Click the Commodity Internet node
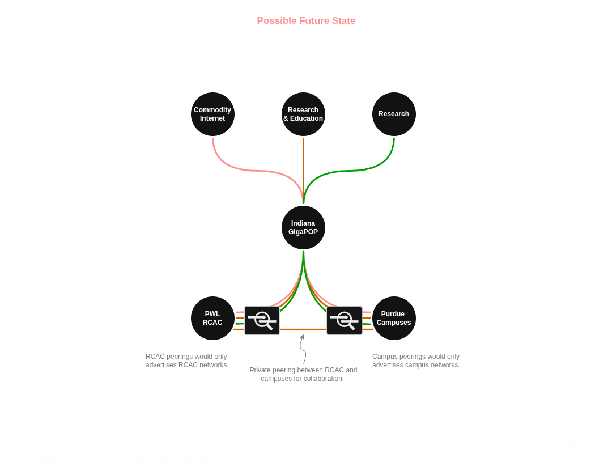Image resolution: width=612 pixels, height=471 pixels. point(212,114)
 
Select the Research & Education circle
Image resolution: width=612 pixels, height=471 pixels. point(303,114)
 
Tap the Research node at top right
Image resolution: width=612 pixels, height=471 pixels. point(394,114)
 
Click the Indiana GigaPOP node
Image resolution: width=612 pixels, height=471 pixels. point(303,227)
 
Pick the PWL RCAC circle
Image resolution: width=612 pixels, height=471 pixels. point(212,318)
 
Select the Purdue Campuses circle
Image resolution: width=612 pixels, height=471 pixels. point(394,318)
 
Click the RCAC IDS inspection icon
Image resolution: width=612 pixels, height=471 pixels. point(262,320)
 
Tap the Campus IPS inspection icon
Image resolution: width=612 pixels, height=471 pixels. point(344,320)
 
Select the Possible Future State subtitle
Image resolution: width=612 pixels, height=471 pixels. point(306,21)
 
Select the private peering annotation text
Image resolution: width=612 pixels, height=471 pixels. point(303,374)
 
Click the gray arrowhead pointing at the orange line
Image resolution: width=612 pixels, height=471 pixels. point(302,337)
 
